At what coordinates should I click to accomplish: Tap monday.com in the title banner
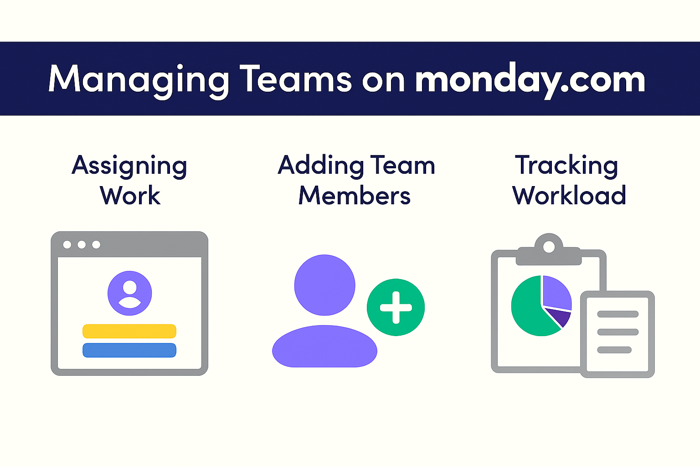click(x=530, y=80)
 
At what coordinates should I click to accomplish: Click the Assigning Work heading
click(x=129, y=180)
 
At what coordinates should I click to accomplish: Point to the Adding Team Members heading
click(x=356, y=180)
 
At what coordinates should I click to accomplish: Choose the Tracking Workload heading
click(x=568, y=180)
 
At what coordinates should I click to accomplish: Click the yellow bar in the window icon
click(x=129, y=331)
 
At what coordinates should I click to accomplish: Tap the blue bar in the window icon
click(x=129, y=350)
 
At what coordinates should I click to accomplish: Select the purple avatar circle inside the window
click(x=130, y=293)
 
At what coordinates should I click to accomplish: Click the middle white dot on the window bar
click(x=82, y=244)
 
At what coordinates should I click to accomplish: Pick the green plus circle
click(x=396, y=307)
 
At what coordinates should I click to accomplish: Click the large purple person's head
click(x=324, y=285)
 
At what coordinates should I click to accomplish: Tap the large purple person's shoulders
click(x=324, y=346)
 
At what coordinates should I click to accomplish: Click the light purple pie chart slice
click(x=557, y=292)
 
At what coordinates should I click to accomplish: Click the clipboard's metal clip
click(x=549, y=250)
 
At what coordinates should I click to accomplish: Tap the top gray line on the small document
click(x=618, y=314)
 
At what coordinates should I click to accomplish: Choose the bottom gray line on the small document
click(x=614, y=350)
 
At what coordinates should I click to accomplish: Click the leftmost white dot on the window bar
click(x=67, y=244)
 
